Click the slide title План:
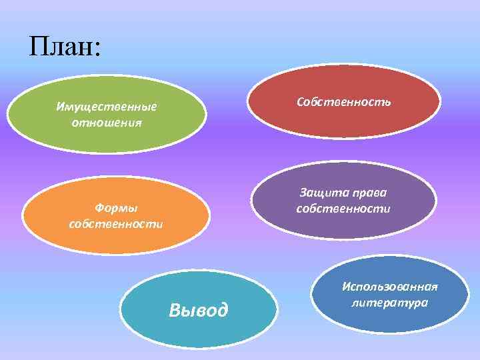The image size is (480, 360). (65, 47)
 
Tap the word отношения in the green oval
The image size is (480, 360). (107, 123)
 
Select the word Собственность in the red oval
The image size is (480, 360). (344, 102)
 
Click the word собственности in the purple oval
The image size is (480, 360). (343, 209)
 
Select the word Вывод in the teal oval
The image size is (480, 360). (199, 310)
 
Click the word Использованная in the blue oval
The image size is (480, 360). (390, 287)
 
